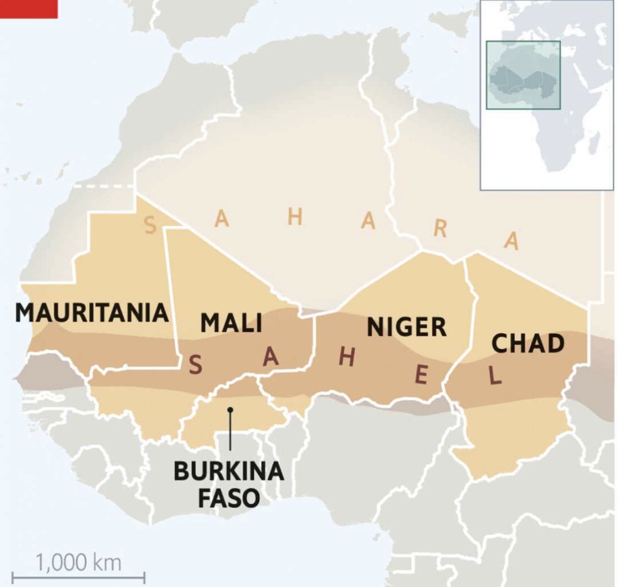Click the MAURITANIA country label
pyautogui.click(x=92, y=312)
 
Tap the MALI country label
pyautogui.click(x=231, y=322)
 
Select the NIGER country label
pyautogui.click(x=407, y=327)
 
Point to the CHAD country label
pyautogui.click(x=527, y=343)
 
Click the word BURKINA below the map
pyautogui.click(x=229, y=472)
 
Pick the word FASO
pyautogui.click(x=229, y=499)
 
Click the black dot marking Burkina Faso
pyautogui.click(x=231, y=410)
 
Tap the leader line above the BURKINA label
pyautogui.click(x=231, y=434)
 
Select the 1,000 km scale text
pyautogui.click(x=79, y=562)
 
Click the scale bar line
pyautogui.click(x=79, y=577)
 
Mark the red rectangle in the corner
pyautogui.click(x=29, y=8)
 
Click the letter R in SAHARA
pyautogui.click(x=439, y=229)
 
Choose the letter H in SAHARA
pyautogui.click(x=295, y=217)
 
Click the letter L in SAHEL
pyautogui.click(x=495, y=376)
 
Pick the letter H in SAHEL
pyautogui.click(x=347, y=357)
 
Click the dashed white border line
pyautogui.click(x=104, y=187)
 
